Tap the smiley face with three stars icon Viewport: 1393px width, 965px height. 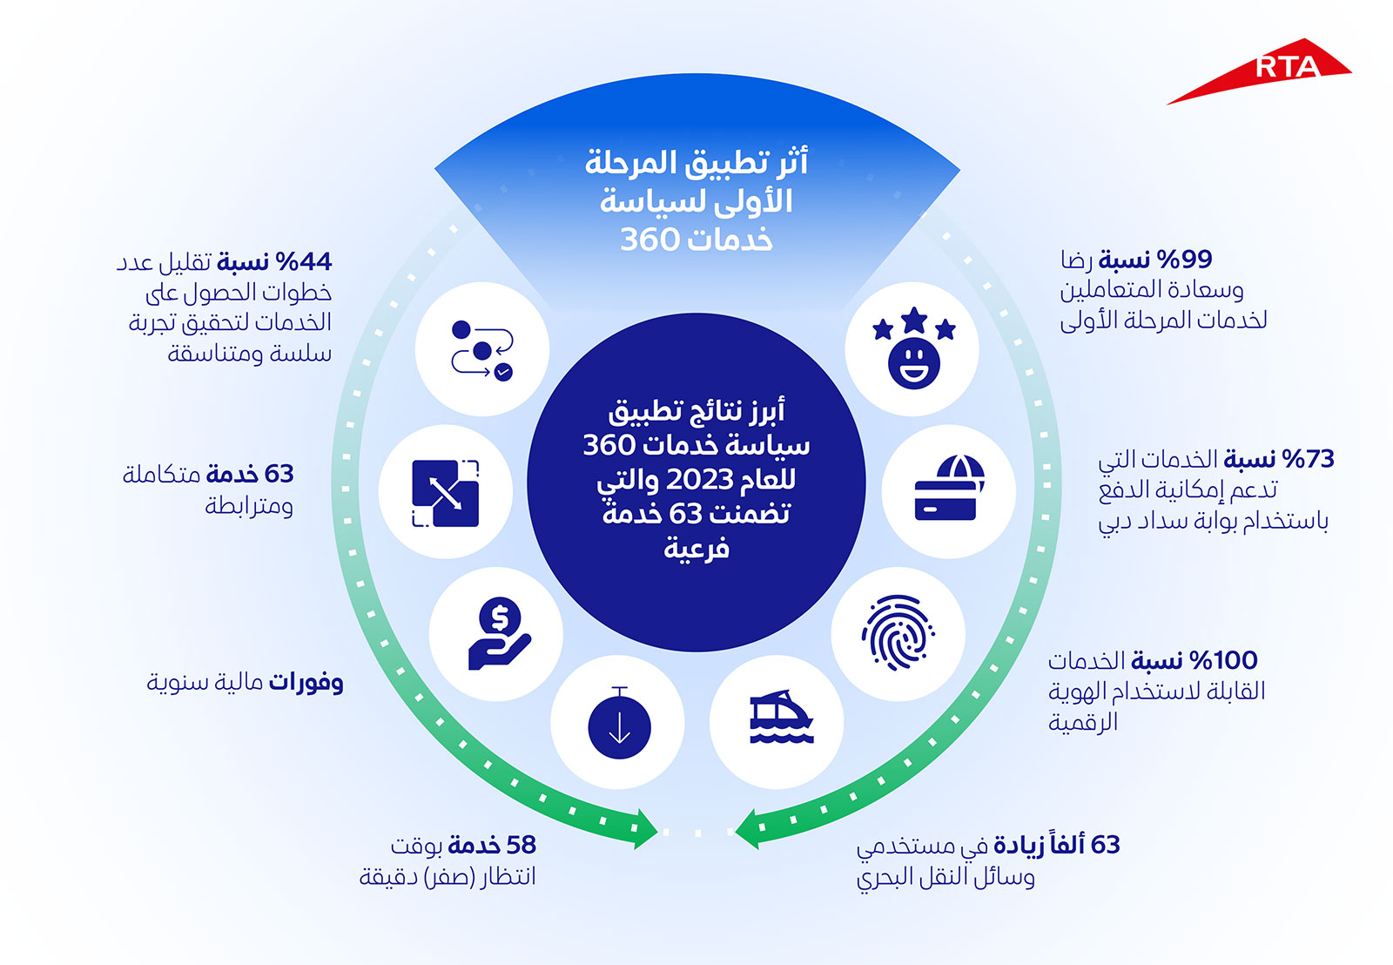913,348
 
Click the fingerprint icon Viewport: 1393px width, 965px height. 898,633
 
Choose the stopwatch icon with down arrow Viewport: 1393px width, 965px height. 619,723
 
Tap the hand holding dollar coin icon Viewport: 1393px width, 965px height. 500,633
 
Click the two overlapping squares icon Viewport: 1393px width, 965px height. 445,494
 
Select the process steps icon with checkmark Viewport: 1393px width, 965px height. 482,350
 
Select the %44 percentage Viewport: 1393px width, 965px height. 304,262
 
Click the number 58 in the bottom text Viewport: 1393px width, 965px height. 522,845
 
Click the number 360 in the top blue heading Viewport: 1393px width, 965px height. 649,239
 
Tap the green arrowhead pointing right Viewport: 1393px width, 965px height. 645,829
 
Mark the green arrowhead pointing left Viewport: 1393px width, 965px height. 747,829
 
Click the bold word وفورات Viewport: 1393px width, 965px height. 306,683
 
